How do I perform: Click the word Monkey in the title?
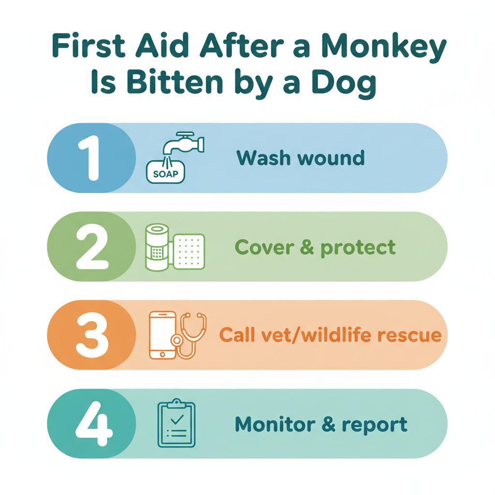point(384,47)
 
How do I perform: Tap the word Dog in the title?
point(344,84)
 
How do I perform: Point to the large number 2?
point(92,247)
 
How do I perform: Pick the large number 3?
point(92,335)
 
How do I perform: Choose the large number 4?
point(93,423)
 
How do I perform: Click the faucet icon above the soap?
point(183,144)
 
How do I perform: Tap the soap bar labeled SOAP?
point(165,172)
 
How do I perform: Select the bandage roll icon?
point(157,247)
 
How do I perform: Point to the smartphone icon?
point(162,335)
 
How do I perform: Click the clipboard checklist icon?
point(176,423)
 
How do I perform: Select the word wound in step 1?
point(331,158)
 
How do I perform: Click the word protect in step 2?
point(358,247)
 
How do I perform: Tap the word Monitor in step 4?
point(275,424)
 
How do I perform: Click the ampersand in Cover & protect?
point(307,247)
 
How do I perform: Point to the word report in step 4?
point(375,425)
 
